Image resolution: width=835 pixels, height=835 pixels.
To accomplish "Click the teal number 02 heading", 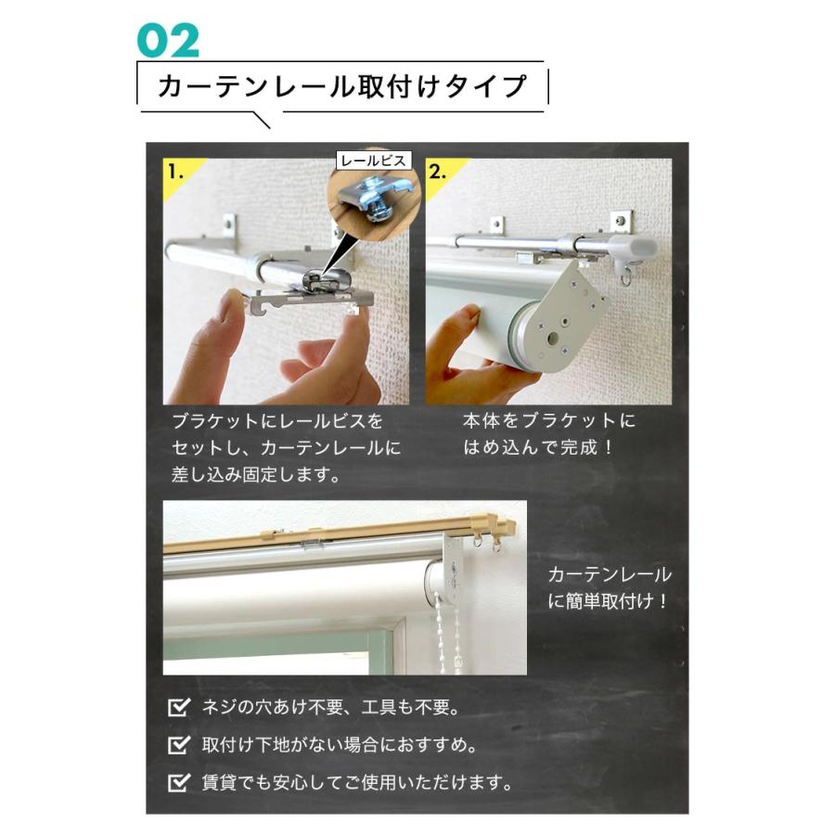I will [x=168, y=40].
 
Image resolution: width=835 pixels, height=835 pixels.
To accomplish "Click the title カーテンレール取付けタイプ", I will [x=342, y=86].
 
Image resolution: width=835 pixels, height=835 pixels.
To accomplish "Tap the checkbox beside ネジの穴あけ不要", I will [x=178, y=709].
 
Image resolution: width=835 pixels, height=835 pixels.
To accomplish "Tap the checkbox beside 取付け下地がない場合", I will [x=178, y=745].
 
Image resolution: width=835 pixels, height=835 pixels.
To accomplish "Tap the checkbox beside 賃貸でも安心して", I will [x=178, y=782].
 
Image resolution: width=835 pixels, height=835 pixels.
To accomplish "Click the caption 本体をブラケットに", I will [x=549, y=420].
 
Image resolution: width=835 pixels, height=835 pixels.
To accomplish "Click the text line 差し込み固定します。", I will [x=255, y=476].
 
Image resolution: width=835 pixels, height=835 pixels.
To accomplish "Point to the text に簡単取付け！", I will [x=609, y=601].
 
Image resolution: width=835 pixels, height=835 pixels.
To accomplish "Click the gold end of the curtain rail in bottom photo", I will [x=501, y=531].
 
